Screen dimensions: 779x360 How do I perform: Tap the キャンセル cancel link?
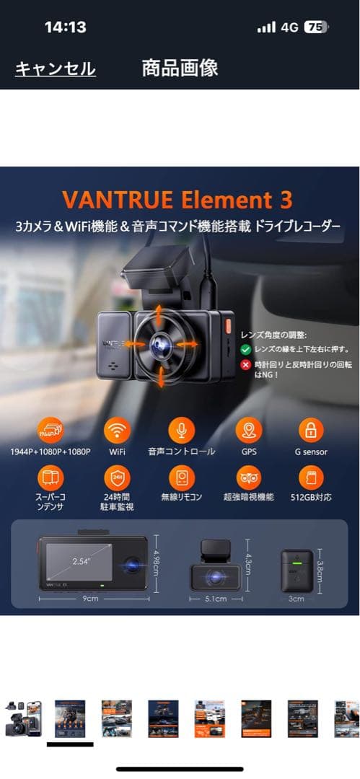pos(56,69)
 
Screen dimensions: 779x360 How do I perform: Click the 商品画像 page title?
pos(180,69)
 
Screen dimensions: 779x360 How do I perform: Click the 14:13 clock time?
pos(65,27)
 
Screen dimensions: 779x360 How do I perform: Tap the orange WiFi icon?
pos(116,431)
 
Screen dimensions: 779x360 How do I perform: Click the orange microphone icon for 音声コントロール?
pos(182,431)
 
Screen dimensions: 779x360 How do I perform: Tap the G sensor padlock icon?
pos(311,431)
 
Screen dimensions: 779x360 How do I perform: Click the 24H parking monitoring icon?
pos(116,477)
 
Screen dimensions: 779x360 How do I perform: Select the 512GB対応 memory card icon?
pos(311,477)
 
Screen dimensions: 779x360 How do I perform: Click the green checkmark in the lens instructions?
pos(245,348)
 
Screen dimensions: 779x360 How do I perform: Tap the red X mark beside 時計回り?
pos(245,366)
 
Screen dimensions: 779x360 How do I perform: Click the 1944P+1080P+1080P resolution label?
pos(51,452)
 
